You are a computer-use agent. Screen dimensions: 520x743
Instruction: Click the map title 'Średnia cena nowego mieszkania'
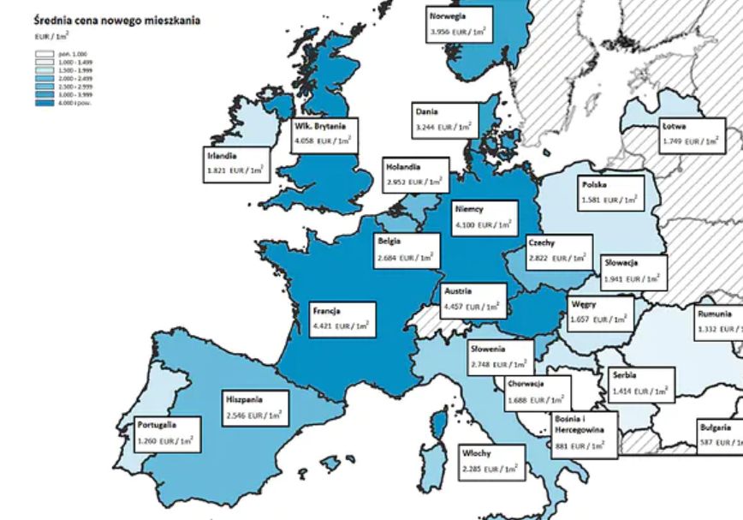(116, 20)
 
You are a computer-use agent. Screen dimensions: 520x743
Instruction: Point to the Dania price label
(444, 120)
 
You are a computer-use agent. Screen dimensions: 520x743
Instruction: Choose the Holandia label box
(415, 175)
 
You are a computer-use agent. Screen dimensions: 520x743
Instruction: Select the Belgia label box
(407, 250)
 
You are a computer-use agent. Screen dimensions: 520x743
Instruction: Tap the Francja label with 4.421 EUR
(342, 319)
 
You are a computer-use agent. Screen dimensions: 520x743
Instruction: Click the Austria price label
(472, 299)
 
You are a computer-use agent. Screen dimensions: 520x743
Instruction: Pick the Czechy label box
(557, 249)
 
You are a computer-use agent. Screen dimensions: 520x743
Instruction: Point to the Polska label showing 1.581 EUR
(610, 193)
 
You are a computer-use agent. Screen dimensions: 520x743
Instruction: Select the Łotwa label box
(691, 134)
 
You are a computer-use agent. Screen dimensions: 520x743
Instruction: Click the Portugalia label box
(167, 434)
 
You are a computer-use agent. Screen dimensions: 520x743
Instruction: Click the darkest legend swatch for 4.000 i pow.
(45, 103)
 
